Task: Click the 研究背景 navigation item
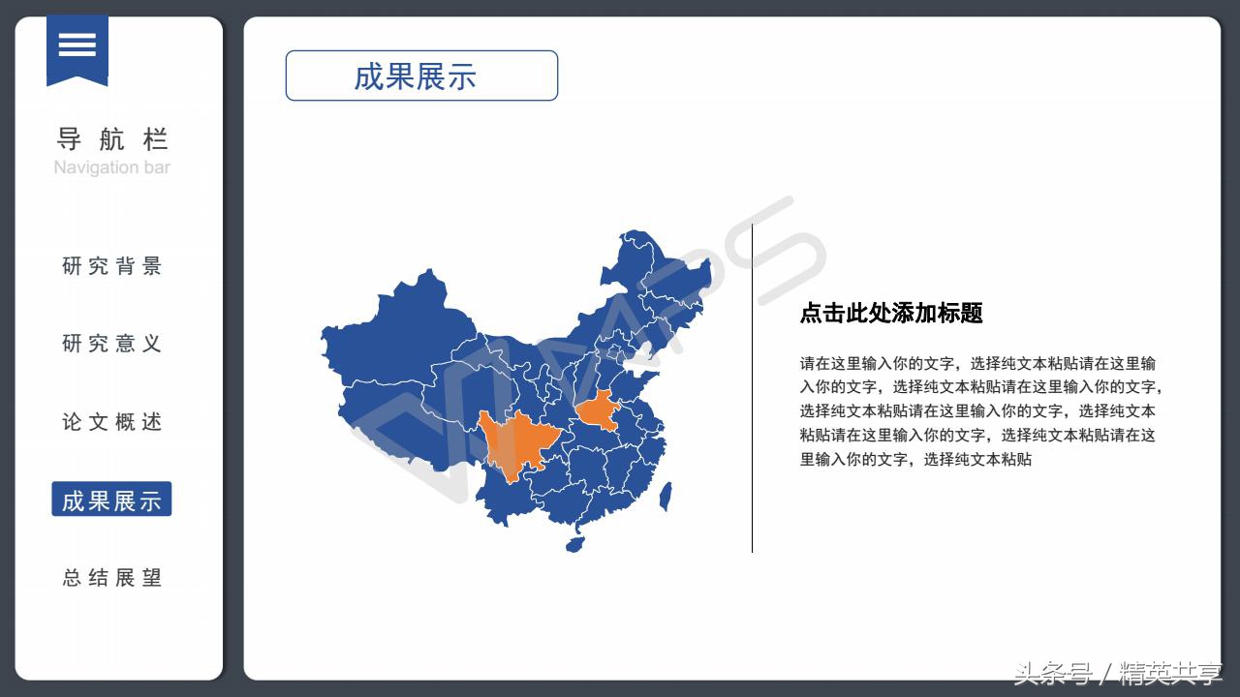point(111,266)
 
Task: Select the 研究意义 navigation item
point(111,344)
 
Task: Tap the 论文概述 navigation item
point(111,422)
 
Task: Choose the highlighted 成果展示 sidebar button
point(111,500)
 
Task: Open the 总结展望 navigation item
point(111,578)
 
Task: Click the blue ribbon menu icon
point(77,46)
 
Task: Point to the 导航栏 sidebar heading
point(111,139)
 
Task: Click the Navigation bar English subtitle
point(111,167)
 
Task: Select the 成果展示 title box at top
point(421,76)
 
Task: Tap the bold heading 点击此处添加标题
point(891,313)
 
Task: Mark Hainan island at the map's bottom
point(574,543)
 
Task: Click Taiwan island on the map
point(666,497)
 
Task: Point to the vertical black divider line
point(752,387)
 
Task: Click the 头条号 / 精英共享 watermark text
point(1117,673)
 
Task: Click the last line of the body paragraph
point(915,459)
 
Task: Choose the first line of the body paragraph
point(977,364)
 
